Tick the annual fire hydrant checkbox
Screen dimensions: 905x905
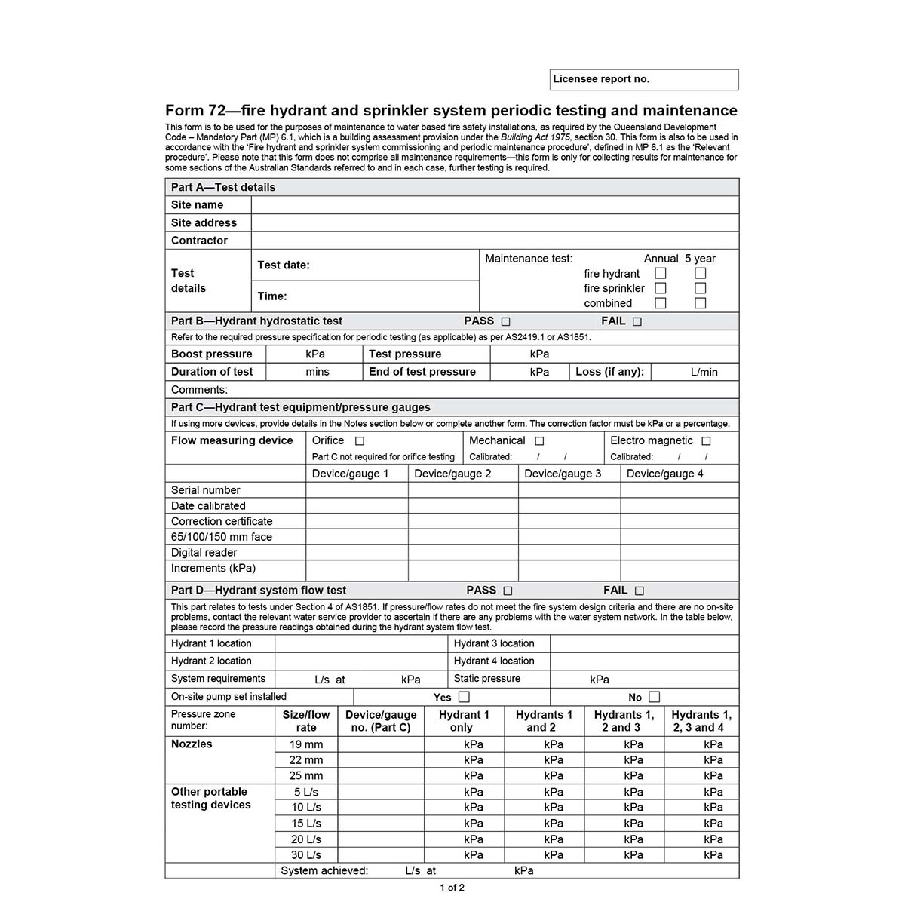[661, 273]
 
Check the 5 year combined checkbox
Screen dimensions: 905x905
[701, 303]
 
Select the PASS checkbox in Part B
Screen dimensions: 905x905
[505, 321]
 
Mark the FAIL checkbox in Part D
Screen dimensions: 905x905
[640, 591]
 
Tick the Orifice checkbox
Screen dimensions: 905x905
[360, 441]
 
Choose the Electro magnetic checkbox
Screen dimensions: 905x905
[706, 441]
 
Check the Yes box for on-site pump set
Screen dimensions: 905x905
[464, 697]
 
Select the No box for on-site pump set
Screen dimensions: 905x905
[655, 697]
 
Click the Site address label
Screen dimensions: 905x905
[204, 222]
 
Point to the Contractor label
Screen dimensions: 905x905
[199, 241]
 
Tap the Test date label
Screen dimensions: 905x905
[284, 265]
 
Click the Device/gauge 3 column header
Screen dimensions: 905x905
[563, 474]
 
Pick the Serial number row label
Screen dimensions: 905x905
[205, 490]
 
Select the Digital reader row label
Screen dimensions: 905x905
[204, 553]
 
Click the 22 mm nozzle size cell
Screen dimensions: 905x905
[306, 760]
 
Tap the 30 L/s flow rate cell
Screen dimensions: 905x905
[306, 855]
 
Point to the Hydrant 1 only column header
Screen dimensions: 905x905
[464, 721]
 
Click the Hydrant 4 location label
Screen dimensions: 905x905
[494, 661]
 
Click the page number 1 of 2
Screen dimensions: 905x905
[452, 888]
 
